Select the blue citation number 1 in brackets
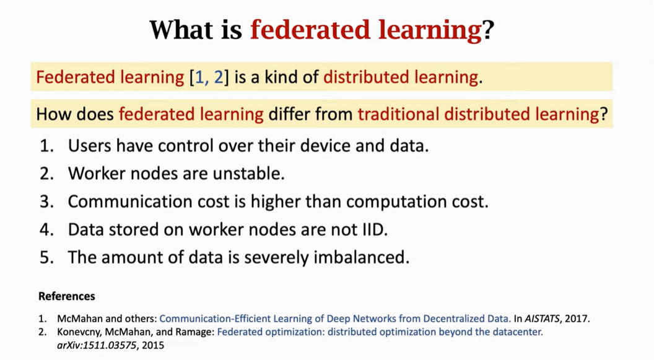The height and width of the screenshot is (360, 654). [x=200, y=77]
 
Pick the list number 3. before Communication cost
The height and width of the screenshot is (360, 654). [x=46, y=202]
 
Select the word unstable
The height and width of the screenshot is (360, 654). [x=248, y=173]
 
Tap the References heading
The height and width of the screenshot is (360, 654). [x=67, y=296]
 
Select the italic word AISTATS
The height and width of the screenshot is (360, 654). [x=542, y=318]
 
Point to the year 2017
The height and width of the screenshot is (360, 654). [x=577, y=318]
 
